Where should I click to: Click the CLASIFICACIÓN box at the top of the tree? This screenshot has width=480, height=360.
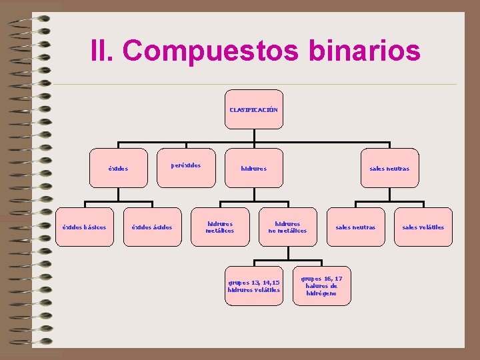(x=253, y=109)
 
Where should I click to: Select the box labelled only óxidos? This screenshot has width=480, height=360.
(x=118, y=168)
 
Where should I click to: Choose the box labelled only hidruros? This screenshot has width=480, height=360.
(x=253, y=168)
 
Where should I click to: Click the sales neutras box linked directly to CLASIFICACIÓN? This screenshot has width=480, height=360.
(x=389, y=168)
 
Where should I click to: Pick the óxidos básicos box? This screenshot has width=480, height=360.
(x=85, y=227)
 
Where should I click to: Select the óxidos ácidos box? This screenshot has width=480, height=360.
(x=152, y=227)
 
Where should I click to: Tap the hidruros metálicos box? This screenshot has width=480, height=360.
(x=220, y=227)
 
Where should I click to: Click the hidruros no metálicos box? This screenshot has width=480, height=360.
(x=287, y=227)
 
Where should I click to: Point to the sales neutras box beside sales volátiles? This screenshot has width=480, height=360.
(x=355, y=227)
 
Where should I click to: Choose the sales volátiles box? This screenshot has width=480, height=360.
(x=423, y=227)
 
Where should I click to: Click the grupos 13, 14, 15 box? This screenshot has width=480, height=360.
(x=253, y=286)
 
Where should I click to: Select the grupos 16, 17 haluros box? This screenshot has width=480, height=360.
(x=321, y=286)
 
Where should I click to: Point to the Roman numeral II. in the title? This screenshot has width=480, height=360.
(x=103, y=51)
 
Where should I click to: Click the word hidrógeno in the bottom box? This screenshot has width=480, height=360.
(x=321, y=293)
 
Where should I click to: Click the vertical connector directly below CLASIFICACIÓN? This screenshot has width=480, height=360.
(x=253, y=135)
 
